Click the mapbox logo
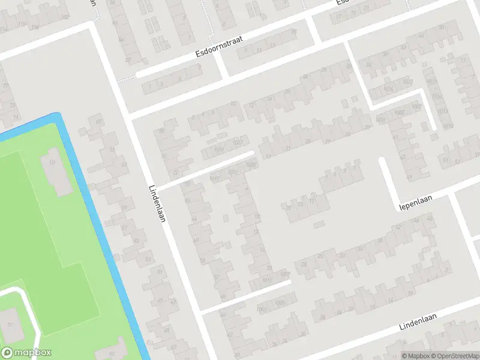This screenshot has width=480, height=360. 26,353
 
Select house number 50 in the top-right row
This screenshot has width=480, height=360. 442,27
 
